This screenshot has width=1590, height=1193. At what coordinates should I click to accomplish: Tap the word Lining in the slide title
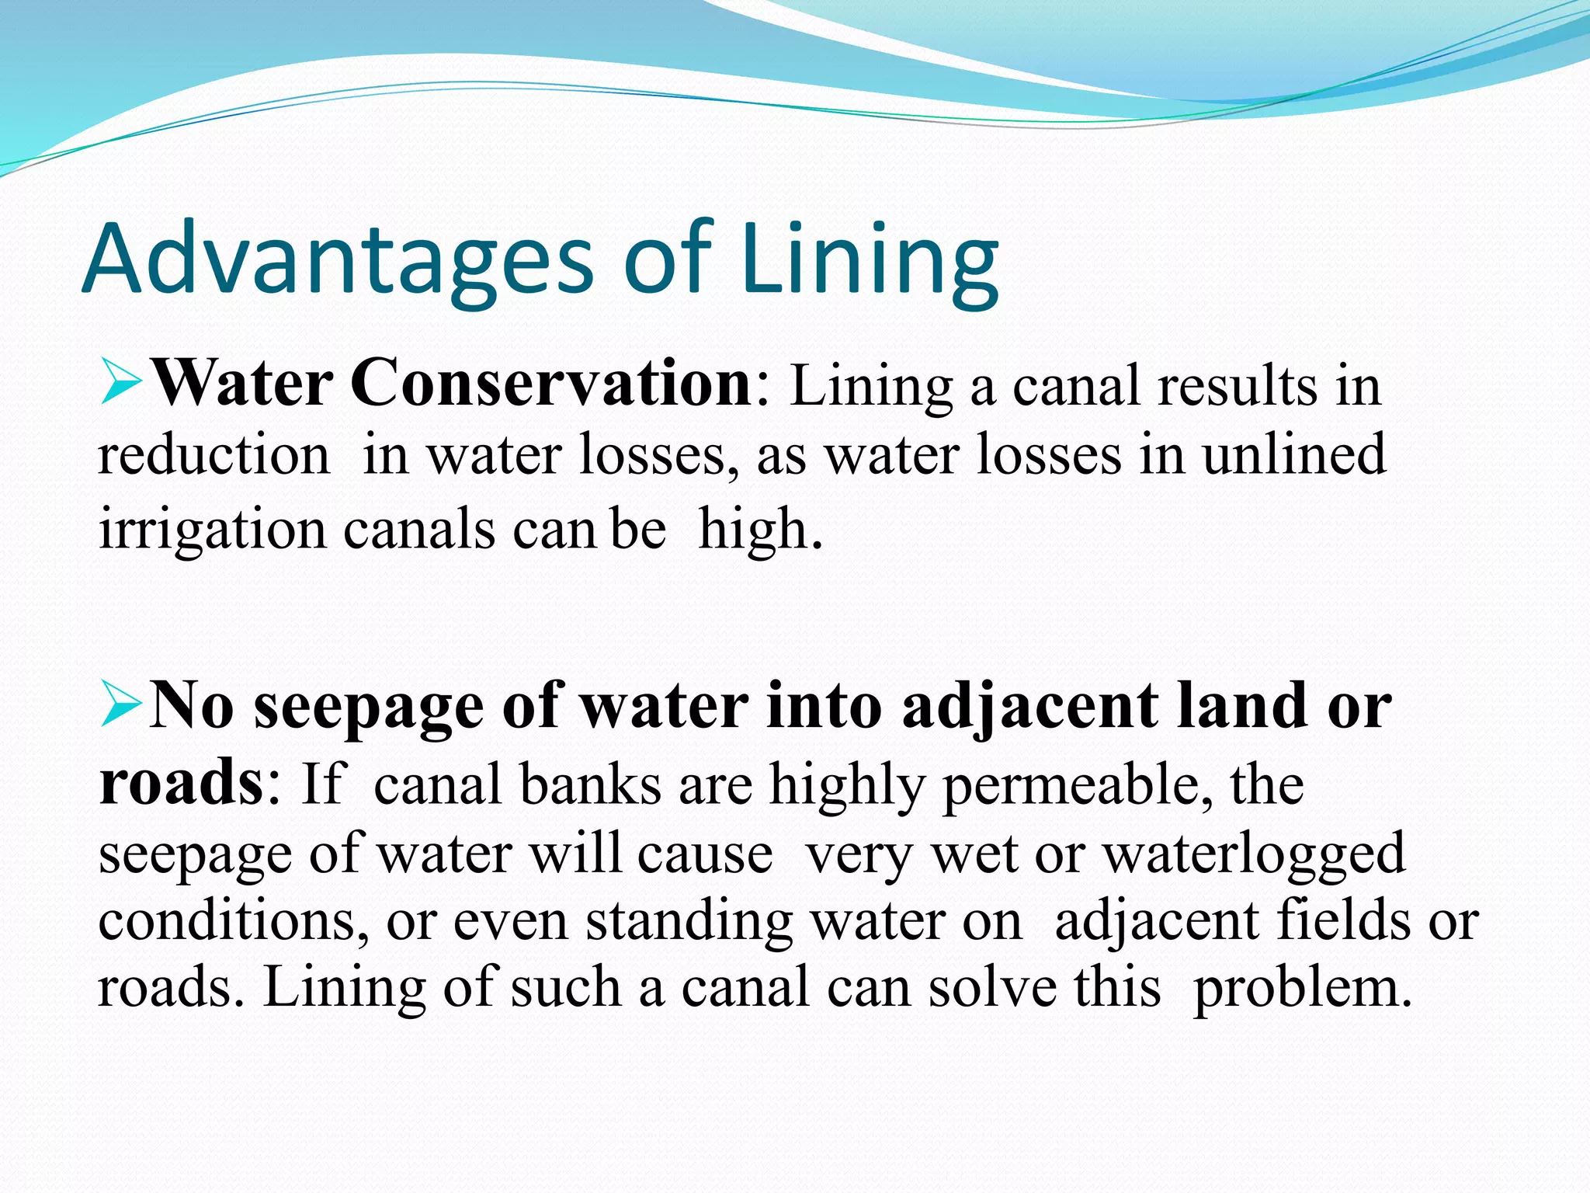click(x=870, y=260)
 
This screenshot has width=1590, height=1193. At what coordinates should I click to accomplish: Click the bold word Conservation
click(x=550, y=384)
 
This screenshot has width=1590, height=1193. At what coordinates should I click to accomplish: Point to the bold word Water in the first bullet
click(x=244, y=384)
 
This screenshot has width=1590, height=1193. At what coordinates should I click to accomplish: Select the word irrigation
click(x=213, y=530)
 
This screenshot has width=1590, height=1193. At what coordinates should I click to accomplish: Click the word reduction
click(x=214, y=456)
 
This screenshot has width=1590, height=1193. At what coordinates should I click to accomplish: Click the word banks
click(x=590, y=784)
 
